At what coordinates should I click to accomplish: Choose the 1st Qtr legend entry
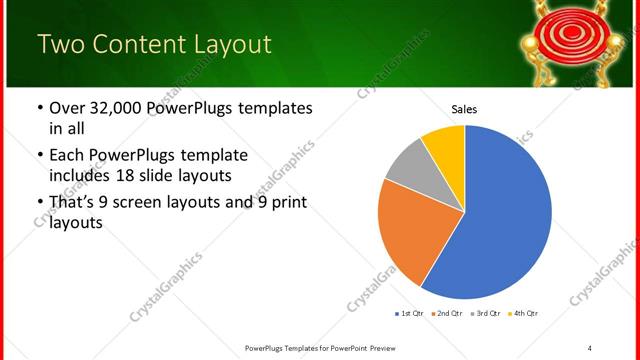click(410, 314)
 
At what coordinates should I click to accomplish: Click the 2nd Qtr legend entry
click(448, 314)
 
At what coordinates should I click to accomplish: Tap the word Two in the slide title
click(60, 45)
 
